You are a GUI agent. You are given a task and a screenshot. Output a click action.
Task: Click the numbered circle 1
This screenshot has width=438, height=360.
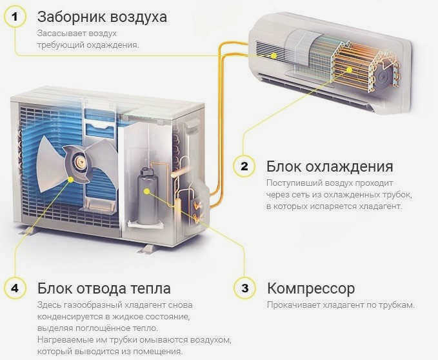coord(15,17)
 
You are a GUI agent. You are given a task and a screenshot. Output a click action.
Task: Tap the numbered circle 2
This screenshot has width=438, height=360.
coord(244,166)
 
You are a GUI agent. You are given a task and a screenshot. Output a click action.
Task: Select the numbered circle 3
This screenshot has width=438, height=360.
coord(244,288)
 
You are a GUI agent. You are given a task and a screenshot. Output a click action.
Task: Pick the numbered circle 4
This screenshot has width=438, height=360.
coord(15,288)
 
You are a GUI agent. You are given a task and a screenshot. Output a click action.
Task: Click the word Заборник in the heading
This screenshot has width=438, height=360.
coord(72,17)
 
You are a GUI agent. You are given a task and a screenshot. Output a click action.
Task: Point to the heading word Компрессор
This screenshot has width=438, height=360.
coord(311,289)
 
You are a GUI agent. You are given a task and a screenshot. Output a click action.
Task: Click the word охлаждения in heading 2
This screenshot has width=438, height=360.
coord(349,166)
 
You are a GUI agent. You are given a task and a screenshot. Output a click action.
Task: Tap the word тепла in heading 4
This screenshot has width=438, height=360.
coord(150,288)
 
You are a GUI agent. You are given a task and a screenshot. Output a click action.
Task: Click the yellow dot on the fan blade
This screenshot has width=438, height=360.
coord(71,180)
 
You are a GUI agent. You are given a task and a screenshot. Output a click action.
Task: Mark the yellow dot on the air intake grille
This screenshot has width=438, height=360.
coord(274,55)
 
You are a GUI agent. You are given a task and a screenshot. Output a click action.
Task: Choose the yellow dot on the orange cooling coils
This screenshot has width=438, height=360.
coord(349,70)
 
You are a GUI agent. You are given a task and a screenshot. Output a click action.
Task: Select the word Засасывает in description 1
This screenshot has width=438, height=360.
coord(61,34)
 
